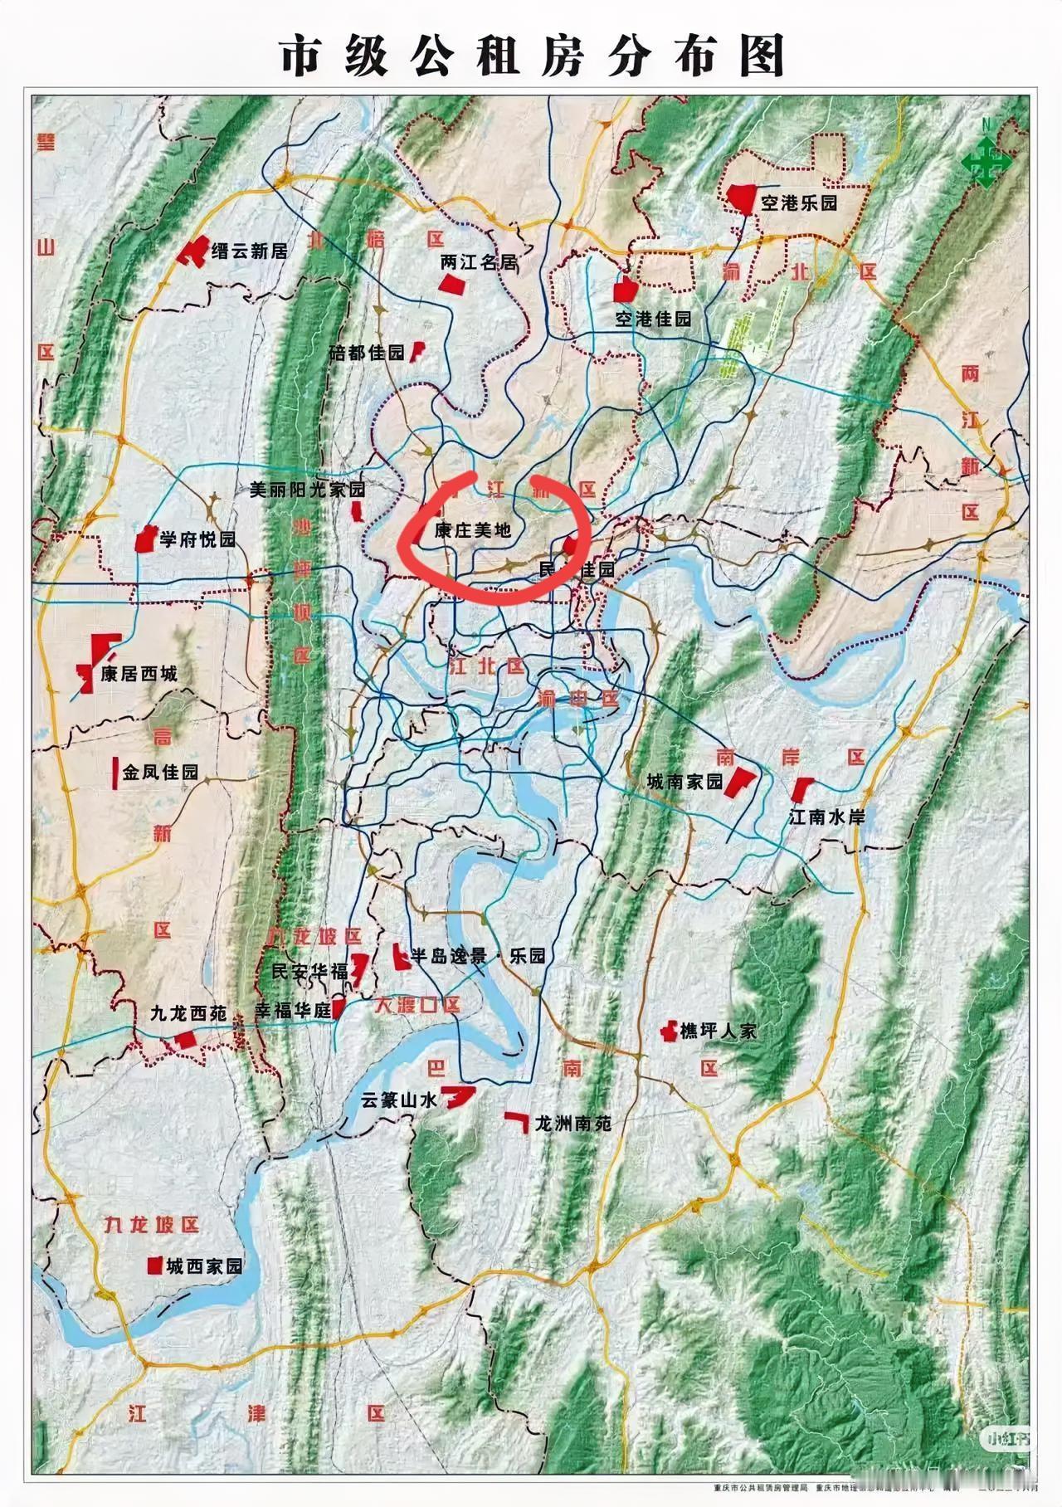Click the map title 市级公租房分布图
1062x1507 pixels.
click(532, 57)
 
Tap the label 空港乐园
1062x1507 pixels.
click(798, 202)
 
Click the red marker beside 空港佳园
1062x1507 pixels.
click(624, 290)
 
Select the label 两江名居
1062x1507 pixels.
click(479, 262)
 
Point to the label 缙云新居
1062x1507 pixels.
click(249, 251)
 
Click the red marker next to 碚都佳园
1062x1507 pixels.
click(419, 352)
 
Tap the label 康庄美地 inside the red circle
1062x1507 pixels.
click(473, 530)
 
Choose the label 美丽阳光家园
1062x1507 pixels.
click(307, 490)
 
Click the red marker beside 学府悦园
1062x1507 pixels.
click(147, 539)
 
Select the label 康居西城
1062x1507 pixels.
click(139, 674)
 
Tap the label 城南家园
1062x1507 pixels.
click(685, 782)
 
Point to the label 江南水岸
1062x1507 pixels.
click(826, 817)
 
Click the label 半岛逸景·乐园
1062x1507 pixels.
click(478, 956)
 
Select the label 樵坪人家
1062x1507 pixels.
click(719, 1031)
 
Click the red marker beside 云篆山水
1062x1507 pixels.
click(457, 1096)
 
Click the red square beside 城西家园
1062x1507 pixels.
click(154, 1266)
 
